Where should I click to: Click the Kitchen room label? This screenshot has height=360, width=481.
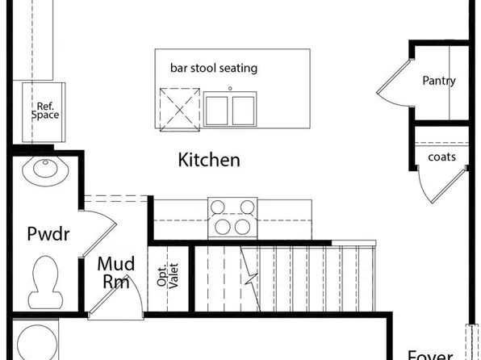208,160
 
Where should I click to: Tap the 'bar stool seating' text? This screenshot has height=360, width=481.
213,69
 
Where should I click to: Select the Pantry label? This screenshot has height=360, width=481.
438,81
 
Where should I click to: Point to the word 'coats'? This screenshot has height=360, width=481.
441,157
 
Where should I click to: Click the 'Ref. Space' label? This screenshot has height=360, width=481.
46,111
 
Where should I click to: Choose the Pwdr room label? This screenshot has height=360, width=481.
48,235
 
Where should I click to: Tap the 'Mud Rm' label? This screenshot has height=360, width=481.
115,273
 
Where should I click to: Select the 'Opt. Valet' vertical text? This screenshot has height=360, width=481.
167,277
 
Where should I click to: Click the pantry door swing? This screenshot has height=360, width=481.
394,85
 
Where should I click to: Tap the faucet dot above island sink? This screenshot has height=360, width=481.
229,87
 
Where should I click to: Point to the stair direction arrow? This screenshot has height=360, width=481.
252,278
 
